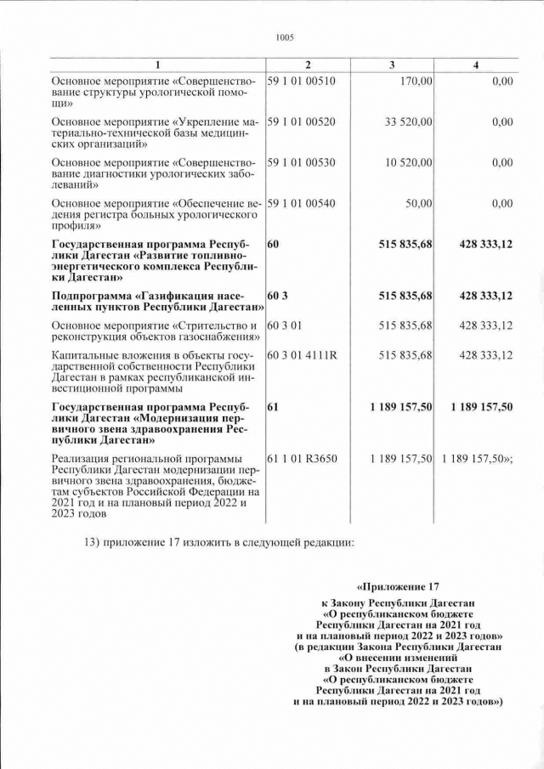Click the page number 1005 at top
tap(285, 37)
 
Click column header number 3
tap(391, 65)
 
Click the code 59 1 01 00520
tap(302, 122)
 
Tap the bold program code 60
tap(274, 244)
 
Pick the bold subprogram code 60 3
tap(277, 296)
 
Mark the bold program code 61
tap(274, 407)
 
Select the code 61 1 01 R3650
tap(303, 459)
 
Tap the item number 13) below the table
tap(93, 541)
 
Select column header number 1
tap(157, 65)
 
